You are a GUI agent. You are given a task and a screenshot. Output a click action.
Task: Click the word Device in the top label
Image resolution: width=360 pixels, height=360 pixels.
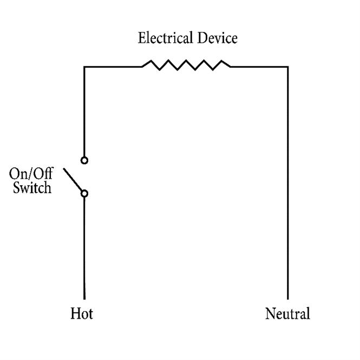tap(219, 38)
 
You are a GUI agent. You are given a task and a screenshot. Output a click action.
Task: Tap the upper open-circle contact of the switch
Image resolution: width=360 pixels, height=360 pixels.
tap(84, 160)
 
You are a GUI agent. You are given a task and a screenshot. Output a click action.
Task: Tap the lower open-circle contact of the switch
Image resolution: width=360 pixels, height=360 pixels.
tap(84, 193)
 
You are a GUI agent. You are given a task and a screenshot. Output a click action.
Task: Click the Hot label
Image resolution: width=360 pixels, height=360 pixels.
tap(82, 313)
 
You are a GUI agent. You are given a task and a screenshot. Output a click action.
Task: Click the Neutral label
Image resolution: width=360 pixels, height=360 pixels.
tap(287, 313)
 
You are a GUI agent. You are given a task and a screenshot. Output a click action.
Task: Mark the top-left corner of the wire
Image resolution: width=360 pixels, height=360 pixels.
tap(84, 67)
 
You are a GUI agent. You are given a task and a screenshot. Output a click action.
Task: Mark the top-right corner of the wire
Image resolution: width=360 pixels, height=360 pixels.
tap(287, 67)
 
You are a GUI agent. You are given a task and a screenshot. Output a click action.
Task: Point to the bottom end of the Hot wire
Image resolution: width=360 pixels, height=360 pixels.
tap(84, 298)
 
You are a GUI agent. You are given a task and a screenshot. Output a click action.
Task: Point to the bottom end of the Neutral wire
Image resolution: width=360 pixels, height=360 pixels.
tap(287, 298)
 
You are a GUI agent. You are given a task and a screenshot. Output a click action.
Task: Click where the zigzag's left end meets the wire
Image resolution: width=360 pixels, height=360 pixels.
tap(141, 67)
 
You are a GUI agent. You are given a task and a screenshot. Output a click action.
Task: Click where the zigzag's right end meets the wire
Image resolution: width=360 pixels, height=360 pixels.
tap(231, 67)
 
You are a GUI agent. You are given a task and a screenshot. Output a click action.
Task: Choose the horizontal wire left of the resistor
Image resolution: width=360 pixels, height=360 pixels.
tap(113, 67)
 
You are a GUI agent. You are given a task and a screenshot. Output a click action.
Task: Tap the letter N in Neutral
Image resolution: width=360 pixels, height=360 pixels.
tap(269, 313)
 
